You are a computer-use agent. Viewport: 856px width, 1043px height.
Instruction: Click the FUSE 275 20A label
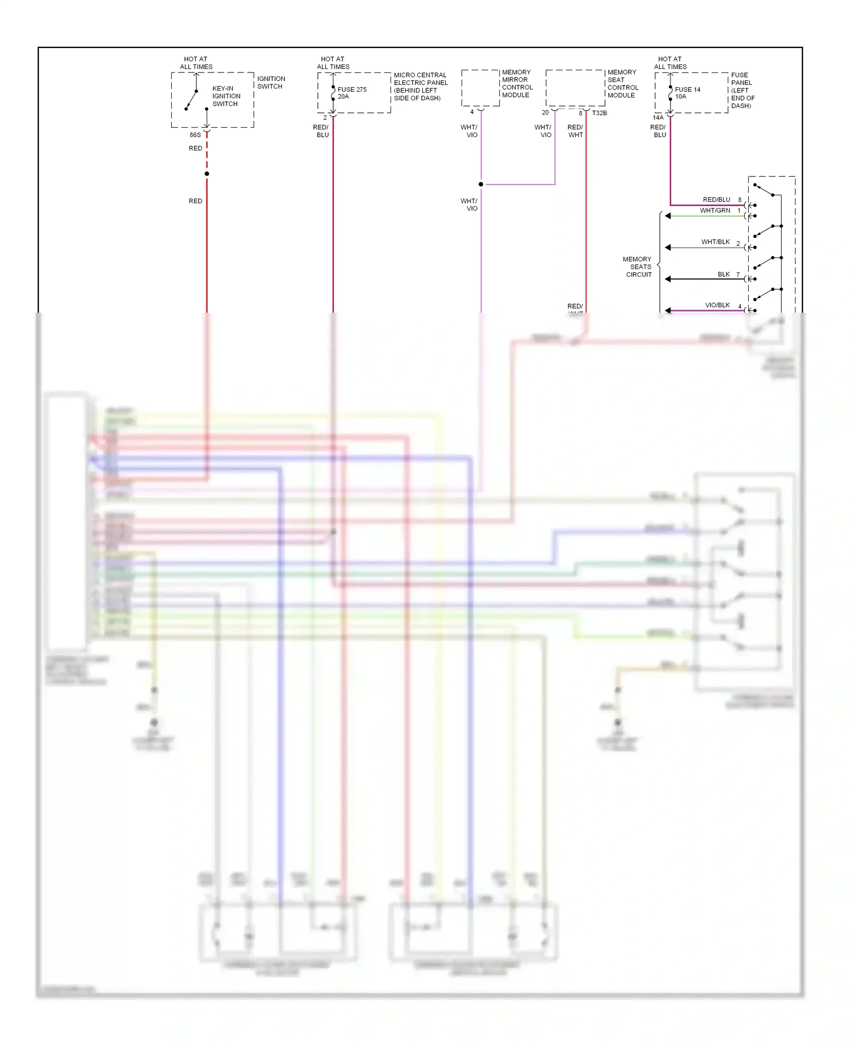pos(352,93)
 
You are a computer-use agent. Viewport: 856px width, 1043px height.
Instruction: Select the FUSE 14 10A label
pos(687,93)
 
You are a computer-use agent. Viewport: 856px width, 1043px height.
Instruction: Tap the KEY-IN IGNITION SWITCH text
pos(226,96)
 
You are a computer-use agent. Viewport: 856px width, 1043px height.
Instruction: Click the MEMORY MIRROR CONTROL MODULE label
pos(517,84)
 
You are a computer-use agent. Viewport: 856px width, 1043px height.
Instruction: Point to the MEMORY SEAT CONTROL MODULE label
pos(623,84)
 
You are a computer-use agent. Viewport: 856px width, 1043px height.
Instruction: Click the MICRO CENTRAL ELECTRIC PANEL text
pos(421,86)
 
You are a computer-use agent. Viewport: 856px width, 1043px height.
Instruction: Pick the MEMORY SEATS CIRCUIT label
pos(638,267)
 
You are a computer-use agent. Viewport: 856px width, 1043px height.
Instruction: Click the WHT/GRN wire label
pos(714,211)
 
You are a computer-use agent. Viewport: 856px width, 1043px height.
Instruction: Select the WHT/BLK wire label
pos(715,242)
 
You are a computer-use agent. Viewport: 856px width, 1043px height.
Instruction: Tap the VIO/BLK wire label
pos(717,305)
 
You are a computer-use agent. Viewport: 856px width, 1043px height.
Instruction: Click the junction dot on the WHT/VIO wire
pos(481,184)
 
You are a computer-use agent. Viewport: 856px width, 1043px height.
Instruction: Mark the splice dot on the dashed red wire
pos(207,173)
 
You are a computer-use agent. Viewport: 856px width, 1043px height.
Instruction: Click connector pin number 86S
pos(195,135)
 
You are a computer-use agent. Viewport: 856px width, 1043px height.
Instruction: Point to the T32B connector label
pos(599,113)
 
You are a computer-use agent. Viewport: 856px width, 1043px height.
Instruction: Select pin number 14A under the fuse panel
pos(658,118)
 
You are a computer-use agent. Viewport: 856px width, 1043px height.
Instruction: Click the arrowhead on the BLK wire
pos(668,279)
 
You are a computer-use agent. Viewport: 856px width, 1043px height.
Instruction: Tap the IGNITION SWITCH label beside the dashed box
pos(270,83)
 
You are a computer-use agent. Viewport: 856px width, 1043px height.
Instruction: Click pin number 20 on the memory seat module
pos(545,112)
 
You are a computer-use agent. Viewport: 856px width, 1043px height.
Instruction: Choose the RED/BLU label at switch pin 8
pos(716,200)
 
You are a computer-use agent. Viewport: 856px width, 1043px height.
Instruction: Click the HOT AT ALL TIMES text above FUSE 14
pos(670,63)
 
